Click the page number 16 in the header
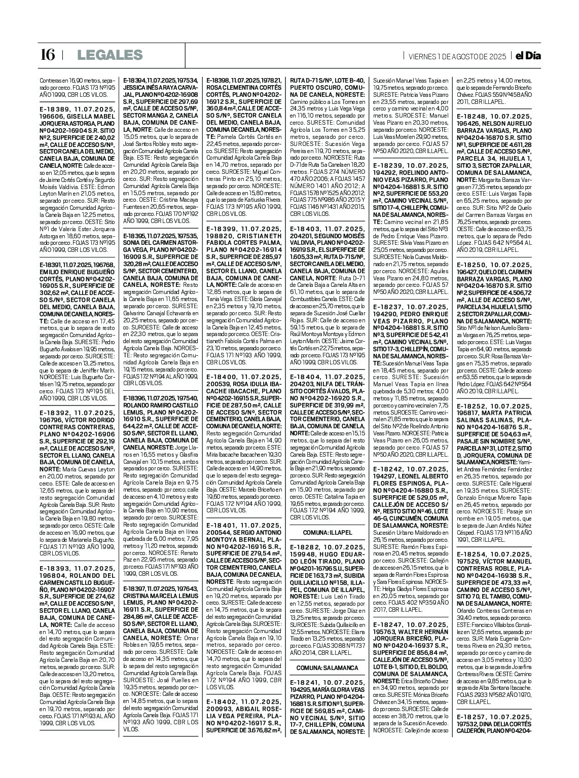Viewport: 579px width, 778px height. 47,55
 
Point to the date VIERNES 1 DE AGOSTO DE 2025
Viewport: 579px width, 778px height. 457,56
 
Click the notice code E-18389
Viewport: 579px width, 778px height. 55,108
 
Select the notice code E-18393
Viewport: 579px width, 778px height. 55,569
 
